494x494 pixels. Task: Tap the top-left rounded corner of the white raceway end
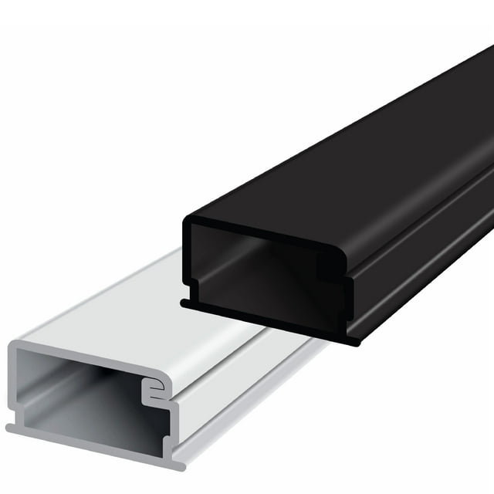[x=15, y=349]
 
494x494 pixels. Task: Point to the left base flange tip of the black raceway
[x=185, y=303]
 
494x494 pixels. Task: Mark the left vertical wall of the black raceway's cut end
[x=188, y=262]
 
